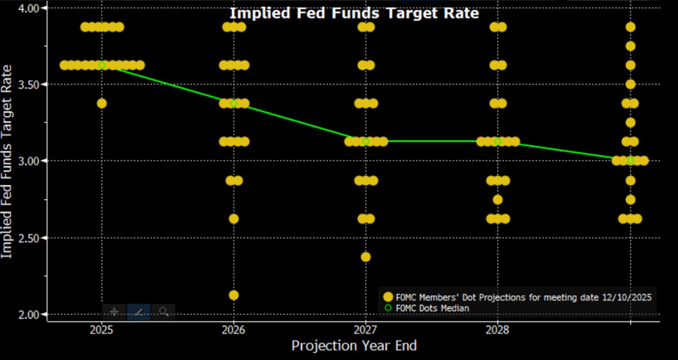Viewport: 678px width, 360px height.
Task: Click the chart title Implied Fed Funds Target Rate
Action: pos(354,13)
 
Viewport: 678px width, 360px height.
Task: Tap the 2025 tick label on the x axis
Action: pos(102,330)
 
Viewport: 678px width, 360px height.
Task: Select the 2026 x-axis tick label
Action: pos(234,330)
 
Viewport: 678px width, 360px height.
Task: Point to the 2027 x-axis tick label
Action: pos(365,330)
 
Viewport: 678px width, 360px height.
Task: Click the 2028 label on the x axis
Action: pos(497,330)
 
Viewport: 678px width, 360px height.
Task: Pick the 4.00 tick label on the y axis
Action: pos(29,8)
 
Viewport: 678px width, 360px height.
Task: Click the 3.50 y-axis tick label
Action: pos(29,84)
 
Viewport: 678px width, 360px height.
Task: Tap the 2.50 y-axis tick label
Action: pos(29,238)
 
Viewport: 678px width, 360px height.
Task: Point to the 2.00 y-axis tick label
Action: pos(29,315)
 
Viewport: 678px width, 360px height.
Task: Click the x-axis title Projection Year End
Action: pos(354,345)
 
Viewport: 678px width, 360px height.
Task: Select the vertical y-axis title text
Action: pos(7,162)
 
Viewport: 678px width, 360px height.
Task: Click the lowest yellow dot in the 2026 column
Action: pos(234,295)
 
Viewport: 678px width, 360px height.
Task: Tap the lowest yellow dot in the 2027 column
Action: pos(365,257)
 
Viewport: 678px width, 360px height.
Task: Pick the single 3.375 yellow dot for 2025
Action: pos(102,103)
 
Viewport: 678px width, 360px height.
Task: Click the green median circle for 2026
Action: pos(234,103)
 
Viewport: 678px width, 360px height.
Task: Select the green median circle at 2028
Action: pos(497,141)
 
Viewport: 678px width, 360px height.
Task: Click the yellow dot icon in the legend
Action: pos(388,297)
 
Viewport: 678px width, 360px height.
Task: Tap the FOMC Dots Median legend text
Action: pos(433,308)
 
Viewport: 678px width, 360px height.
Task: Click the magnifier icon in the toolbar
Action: pos(164,312)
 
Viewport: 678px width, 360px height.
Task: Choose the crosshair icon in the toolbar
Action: pos(114,312)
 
